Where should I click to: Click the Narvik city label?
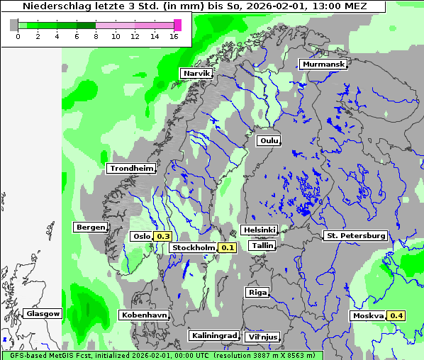click(x=196, y=74)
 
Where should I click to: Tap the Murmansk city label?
click(x=323, y=64)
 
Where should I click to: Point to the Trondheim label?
click(x=131, y=168)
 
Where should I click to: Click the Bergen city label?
click(x=90, y=227)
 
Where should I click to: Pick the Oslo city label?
click(x=142, y=236)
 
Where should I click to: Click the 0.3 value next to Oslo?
click(x=163, y=236)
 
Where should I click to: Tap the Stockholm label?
click(x=194, y=248)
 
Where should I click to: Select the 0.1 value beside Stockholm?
click(x=227, y=248)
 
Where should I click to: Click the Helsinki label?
click(x=260, y=230)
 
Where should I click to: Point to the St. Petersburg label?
click(x=355, y=235)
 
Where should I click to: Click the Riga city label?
click(x=257, y=292)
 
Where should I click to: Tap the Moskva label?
click(x=368, y=315)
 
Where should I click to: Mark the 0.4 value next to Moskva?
click(x=396, y=315)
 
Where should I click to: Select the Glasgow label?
click(x=43, y=313)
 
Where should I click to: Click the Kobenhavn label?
click(x=144, y=315)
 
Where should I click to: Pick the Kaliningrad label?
click(x=213, y=335)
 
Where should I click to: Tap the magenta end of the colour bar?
click(x=177, y=25)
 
